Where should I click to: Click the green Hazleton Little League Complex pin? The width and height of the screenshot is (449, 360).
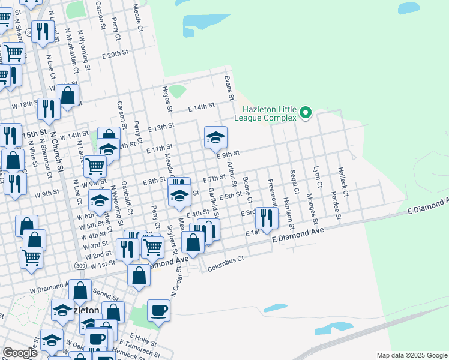coord(306,112)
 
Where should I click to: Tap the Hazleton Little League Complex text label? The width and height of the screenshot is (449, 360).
coord(270,113)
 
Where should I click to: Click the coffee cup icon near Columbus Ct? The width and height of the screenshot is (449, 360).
coord(158,311)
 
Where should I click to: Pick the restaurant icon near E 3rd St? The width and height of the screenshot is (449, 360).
coord(267,218)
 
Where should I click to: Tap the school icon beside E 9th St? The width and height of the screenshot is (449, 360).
coord(215,138)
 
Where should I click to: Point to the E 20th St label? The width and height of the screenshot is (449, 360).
coord(115,53)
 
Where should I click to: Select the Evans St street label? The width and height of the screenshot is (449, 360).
coord(228,88)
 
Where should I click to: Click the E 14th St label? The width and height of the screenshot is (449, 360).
coord(201,107)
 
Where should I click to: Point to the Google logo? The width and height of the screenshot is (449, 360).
coord(20,353)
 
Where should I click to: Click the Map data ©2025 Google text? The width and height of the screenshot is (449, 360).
coord(412,355)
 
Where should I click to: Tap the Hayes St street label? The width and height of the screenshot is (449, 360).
coord(167,99)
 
